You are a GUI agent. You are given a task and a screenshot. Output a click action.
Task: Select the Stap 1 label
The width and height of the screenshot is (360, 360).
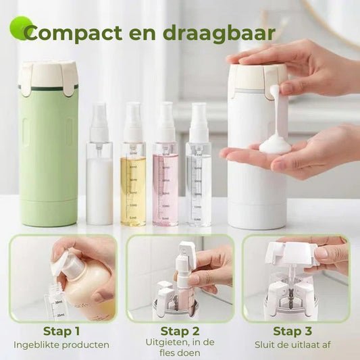61,331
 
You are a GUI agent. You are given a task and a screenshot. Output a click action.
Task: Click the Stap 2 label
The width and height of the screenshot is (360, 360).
179,331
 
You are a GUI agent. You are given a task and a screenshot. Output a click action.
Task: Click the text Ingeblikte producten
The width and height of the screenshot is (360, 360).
61,345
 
